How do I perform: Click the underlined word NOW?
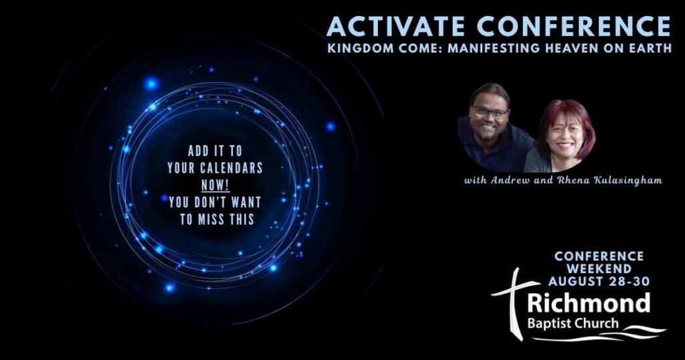215,185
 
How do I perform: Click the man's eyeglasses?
490,112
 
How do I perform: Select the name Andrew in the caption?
508,180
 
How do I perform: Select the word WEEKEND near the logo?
599,268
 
